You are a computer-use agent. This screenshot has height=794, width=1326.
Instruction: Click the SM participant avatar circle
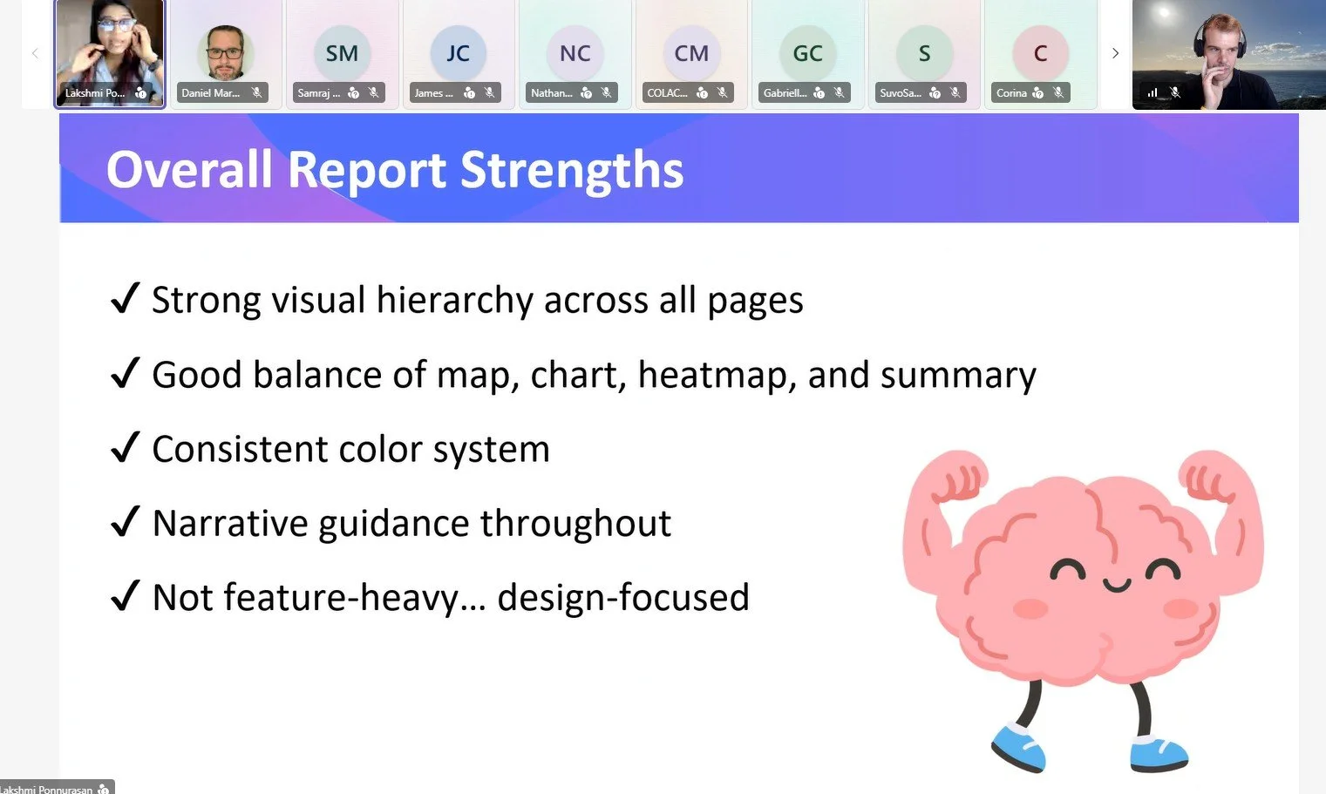342,53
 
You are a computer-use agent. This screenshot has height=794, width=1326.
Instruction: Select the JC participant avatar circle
458,53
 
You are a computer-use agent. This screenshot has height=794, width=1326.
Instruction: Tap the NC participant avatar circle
575,53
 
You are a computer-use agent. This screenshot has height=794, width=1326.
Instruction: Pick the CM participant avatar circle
691,53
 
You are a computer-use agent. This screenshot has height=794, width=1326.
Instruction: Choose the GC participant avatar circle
807,53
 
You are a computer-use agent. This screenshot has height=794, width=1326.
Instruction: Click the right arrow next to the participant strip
1115,53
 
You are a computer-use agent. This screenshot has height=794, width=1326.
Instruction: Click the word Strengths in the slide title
572,169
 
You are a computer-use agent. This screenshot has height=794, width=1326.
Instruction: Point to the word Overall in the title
189,169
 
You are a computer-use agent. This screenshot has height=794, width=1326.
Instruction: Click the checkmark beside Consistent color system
126,448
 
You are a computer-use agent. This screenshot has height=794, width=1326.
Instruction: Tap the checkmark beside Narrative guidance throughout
126,522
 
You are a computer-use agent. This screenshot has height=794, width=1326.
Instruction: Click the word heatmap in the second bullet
717,376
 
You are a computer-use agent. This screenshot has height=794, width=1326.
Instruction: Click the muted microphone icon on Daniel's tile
256,92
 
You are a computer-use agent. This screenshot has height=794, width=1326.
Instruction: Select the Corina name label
1011,93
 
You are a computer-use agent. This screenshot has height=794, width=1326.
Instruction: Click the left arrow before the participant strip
35,53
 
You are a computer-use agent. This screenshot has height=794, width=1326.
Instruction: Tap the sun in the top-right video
1165,13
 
